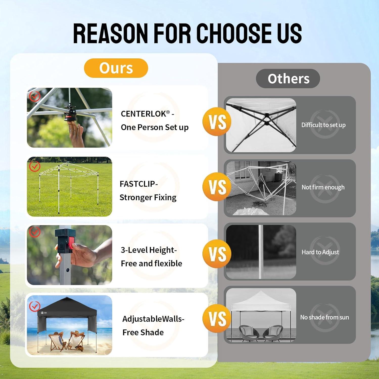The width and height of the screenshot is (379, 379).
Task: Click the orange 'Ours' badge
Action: (116, 68)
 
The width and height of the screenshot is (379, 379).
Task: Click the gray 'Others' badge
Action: (288, 79)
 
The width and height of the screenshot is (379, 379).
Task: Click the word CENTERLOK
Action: (143, 114)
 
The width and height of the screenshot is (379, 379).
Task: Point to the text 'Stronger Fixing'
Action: (148, 197)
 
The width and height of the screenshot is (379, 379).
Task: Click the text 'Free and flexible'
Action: (151, 263)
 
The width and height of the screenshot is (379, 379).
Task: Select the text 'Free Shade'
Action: (143, 332)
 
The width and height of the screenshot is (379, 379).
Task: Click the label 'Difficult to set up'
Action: (323, 125)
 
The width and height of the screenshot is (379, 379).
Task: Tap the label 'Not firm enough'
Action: (323, 187)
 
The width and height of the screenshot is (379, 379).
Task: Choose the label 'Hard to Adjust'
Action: (320, 252)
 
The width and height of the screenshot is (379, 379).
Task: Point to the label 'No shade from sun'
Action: (324, 317)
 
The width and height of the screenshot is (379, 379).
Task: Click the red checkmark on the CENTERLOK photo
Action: (35, 96)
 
